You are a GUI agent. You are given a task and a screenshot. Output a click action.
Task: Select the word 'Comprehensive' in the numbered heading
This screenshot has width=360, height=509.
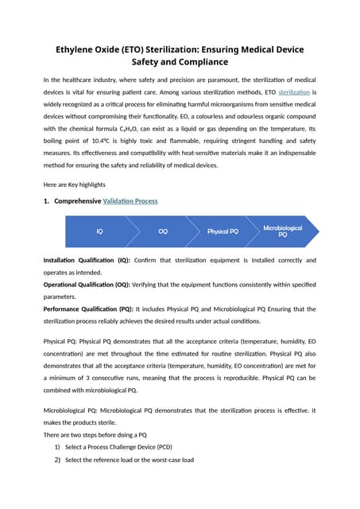coord(76,201)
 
